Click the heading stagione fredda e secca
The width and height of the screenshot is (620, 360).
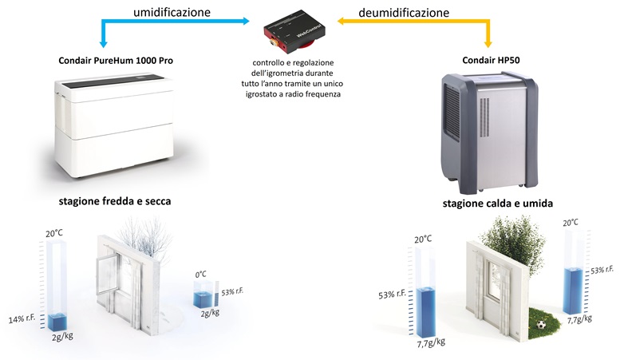click(114, 201)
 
